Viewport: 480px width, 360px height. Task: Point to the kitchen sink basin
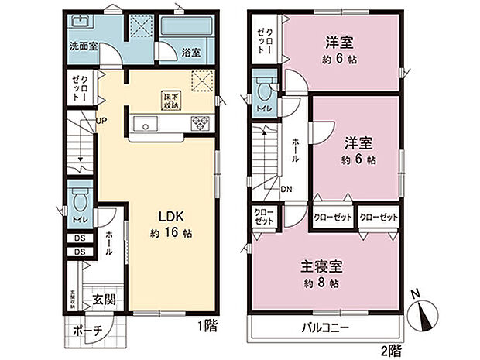click(x=145, y=123)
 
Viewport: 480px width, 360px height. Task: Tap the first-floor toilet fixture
click(x=78, y=203)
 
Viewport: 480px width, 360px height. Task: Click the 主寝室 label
click(x=321, y=266)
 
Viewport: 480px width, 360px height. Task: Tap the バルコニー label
click(x=324, y=327)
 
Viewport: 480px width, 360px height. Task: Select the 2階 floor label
click(x=393, y=348)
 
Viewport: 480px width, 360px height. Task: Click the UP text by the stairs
click(x=101, y=119)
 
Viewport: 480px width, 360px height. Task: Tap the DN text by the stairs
click(x=286, y=188)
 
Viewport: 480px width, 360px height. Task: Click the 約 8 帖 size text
click(x=322, y=284)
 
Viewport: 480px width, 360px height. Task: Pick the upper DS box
click(x=80, y=238)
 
